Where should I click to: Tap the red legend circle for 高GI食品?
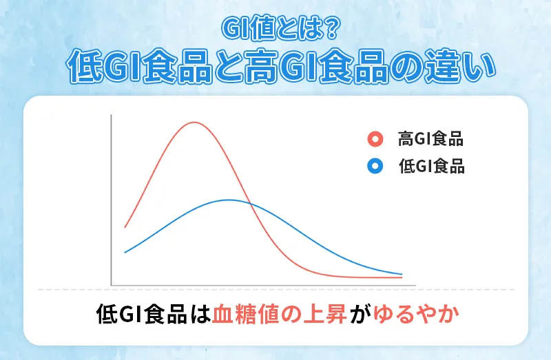coord(375,140)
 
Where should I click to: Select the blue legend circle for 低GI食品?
coord(375,166)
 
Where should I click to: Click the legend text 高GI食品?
coord(430,140)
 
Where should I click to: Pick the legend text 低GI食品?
coord(430,166)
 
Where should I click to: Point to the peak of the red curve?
coord(195,123)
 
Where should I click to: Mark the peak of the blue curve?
coord(229,200)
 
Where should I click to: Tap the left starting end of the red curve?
coord(125,226)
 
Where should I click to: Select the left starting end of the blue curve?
coord(125,253)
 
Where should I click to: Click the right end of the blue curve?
coord(402,274)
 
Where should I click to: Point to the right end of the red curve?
coord(402,278)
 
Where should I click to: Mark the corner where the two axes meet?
coord(111,284)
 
